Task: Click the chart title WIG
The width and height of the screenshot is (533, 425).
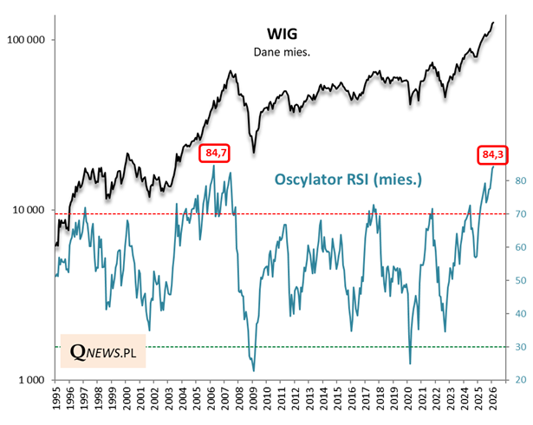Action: (x=283, y=34)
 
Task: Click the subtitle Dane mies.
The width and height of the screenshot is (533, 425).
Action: (x=283, y=52)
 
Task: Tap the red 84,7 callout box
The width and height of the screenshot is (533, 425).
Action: (x=214, y=154)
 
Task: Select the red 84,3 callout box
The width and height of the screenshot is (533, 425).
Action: (x=492, y=154)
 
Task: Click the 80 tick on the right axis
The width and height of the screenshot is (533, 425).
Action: (x=517, y=181)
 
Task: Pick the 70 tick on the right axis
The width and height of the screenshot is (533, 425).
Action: (x=517, y=214)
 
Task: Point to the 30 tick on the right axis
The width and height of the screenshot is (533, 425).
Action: (x=517, y=347)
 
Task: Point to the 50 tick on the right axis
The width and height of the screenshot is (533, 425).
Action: (x=517, y=281)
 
